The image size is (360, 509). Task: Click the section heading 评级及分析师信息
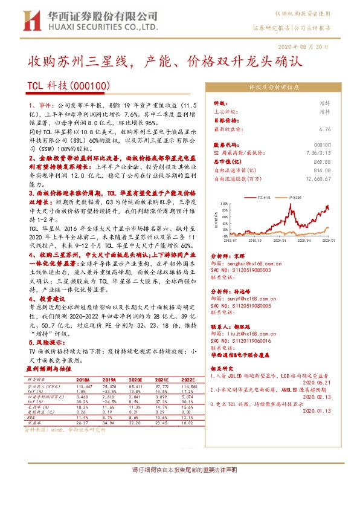click(x=274, y=87)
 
